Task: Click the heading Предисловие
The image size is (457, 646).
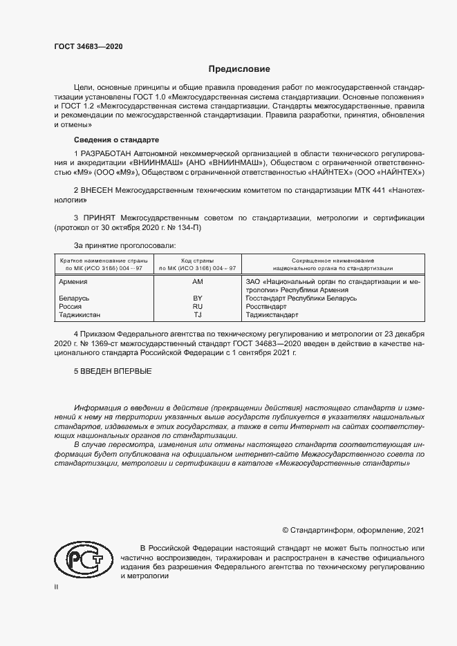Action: point(240,69)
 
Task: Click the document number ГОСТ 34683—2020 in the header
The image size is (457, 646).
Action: point(89,46)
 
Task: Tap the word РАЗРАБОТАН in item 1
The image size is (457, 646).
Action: point(108,153)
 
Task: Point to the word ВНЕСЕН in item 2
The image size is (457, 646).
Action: point(98,189)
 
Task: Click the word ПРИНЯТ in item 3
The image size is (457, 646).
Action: point(97,217)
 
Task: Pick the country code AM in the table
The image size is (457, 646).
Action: point(197,282)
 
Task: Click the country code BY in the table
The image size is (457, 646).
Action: point(197,298)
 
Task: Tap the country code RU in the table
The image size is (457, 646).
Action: point(197,306)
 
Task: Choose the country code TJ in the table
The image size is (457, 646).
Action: point(197,314)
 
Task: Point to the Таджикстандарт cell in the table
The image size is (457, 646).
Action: point(272,314)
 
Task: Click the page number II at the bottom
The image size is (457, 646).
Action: point(57,587)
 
